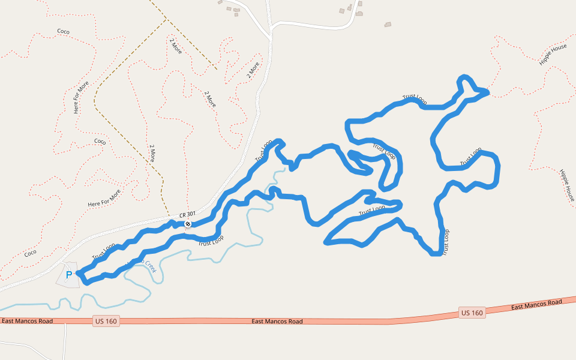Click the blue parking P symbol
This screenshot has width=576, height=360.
68,275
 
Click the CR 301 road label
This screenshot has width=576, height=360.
187,214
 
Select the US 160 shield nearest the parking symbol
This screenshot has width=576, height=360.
106,322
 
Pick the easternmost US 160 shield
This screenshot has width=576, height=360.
473,313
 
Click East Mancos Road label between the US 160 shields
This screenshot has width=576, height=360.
277,322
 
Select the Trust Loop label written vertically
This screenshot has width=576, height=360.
445,242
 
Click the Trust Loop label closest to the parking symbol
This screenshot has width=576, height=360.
103,251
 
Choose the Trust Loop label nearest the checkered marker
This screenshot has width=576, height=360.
211,241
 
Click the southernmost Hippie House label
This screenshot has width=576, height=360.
567,185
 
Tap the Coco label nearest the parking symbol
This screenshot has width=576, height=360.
30,253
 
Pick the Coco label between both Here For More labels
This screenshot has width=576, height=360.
100,142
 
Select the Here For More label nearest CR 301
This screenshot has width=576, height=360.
104,199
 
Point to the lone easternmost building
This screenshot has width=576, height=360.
388,25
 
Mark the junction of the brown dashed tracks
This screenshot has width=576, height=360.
166,20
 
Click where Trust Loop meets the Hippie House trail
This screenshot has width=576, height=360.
488,92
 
